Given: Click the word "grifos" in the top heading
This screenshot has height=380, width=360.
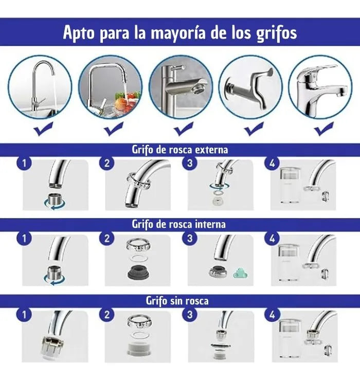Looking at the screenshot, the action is pos(276,33).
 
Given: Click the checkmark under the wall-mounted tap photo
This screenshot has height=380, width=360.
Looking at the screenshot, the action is pos(254,129).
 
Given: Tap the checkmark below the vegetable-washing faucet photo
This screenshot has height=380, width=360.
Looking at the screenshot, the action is pos(114,129).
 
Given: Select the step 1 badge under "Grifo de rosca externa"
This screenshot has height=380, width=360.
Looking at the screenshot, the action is pos(24,164).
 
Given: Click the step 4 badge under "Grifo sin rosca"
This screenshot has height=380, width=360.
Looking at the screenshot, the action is pos(272,315).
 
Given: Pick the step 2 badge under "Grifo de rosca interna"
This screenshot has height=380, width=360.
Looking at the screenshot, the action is pos(107,239).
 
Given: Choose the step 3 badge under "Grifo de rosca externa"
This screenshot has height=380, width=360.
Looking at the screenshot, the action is pos(190,163).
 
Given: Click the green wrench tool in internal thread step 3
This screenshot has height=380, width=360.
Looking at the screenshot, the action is pos(240,273).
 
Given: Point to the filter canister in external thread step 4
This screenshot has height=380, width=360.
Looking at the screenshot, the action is pos(290,186).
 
